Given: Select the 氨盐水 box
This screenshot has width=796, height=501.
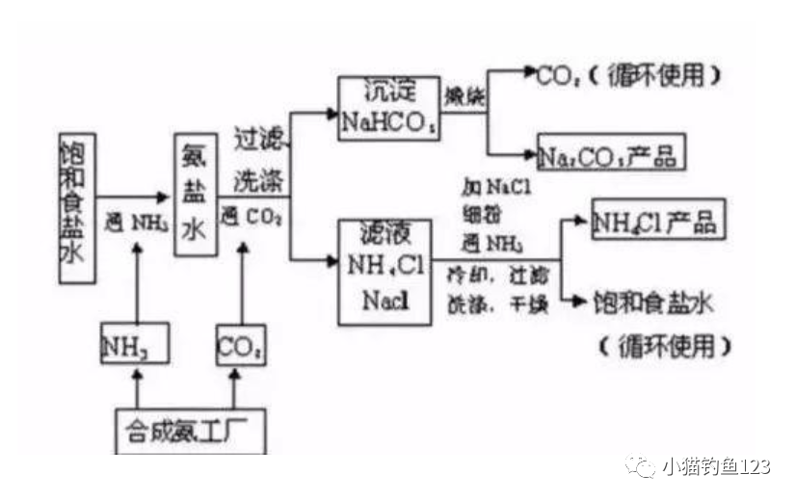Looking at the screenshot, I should (x=192, y=195).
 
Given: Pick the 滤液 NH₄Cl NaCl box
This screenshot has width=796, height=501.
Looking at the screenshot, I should (x=384, y=272).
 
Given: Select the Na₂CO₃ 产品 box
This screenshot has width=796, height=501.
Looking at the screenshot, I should (x=612, y=152).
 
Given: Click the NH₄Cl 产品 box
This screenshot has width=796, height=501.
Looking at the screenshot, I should (x=656, y=222).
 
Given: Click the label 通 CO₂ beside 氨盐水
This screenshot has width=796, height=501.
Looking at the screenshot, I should (x=252, y=215).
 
